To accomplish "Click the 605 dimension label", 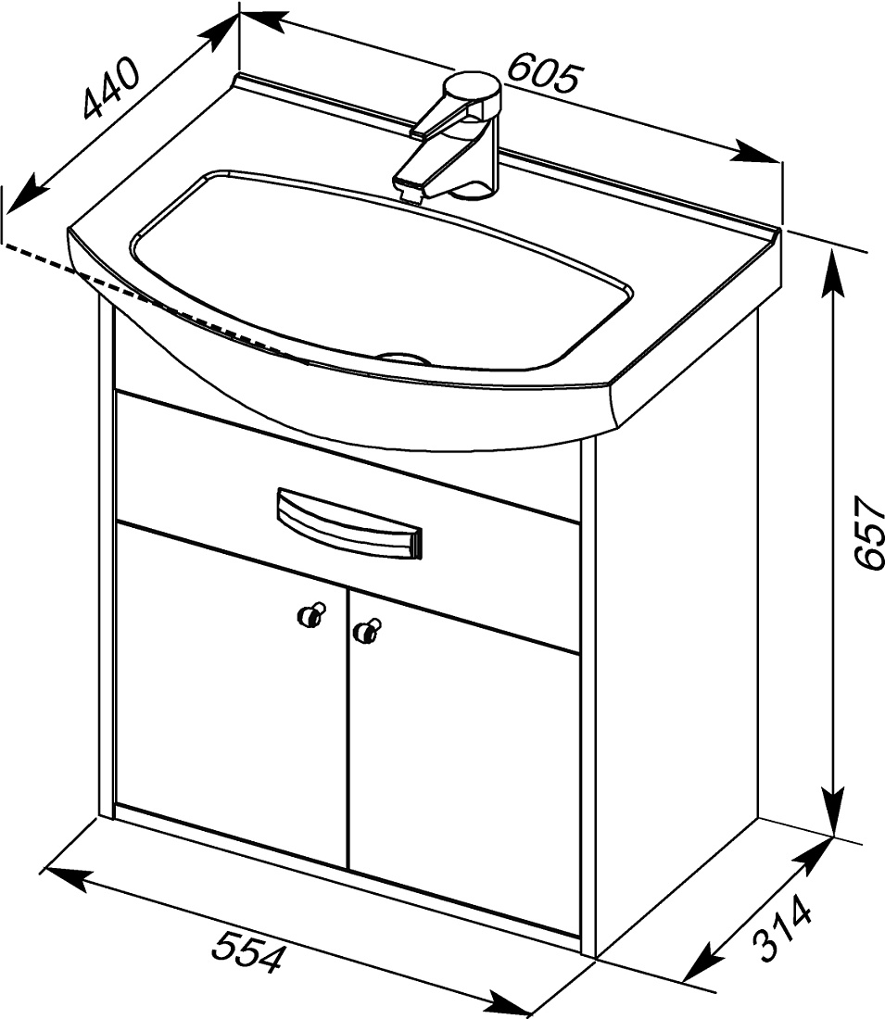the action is coord(542,73).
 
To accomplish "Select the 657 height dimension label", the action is coord(868,533).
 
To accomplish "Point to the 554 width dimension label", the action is coord(249,950).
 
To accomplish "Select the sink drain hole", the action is coord(403,357).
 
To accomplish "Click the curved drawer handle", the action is coord(349,522).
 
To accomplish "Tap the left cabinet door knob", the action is coord(311,613).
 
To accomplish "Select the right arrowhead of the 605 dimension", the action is coord(757,154).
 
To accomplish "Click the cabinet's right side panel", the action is coord(676,637).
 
